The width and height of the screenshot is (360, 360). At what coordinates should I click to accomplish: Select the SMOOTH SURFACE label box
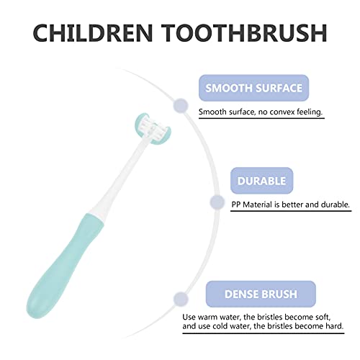tap(254, 89)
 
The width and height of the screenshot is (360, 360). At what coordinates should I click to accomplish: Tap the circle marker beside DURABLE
tap(215, 203)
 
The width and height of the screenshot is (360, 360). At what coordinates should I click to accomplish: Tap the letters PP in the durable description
tap(236, 204)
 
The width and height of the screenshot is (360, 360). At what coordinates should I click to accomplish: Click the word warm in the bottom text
tap(230, 315)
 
